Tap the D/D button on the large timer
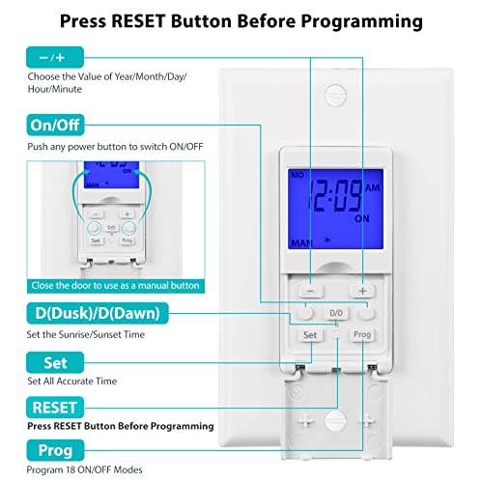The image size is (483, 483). tap(336, 314)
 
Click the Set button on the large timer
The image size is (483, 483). tap(310, 335)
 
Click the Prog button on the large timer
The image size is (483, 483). tap(361, 335)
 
